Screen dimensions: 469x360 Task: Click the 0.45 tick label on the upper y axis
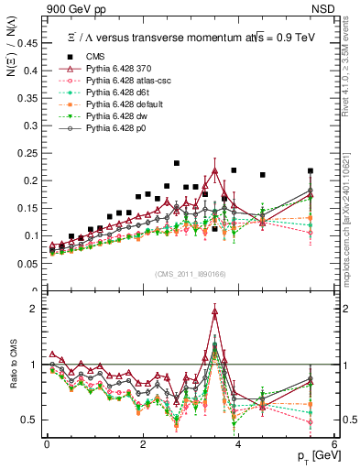[x=28, y=42]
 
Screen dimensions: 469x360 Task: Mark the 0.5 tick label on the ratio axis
[x=33, y=420]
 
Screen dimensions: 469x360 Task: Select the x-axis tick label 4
[x=238, y=444]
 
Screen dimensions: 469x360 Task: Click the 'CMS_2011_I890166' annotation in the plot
[x=191, y=274]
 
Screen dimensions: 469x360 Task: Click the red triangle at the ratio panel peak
[x=214, y=312]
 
